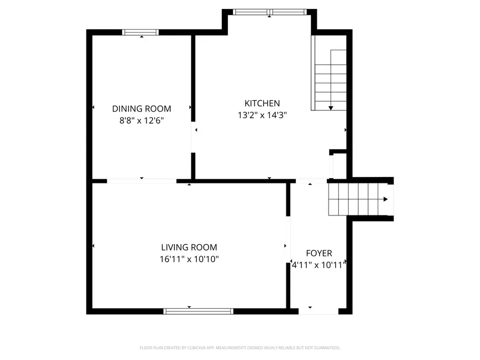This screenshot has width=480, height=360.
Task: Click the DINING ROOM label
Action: click(141, 109)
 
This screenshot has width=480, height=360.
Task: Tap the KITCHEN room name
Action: click(262, 103)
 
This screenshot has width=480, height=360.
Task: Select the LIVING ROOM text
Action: click(189, 247)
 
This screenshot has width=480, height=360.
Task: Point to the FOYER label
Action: click(318, 253)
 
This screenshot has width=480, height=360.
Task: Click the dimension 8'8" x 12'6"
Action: click(141, 121)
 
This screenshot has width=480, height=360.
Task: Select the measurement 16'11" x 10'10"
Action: click(189, 259)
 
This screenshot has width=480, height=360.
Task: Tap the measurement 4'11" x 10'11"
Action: click(319, 264)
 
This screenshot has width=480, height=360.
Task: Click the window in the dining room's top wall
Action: click(141, 33)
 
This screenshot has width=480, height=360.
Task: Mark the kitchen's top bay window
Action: click(269, 12)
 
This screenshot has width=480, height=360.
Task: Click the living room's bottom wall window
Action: click(198, 311)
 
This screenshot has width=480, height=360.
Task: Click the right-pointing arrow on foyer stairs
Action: click(385, 199)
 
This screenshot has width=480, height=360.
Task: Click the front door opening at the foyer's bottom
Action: click(318, 311)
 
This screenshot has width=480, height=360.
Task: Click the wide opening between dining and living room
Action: click(141, 181)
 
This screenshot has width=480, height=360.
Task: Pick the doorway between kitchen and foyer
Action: click(310, 181)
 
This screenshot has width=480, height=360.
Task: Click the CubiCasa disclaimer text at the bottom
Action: click(239, 348)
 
